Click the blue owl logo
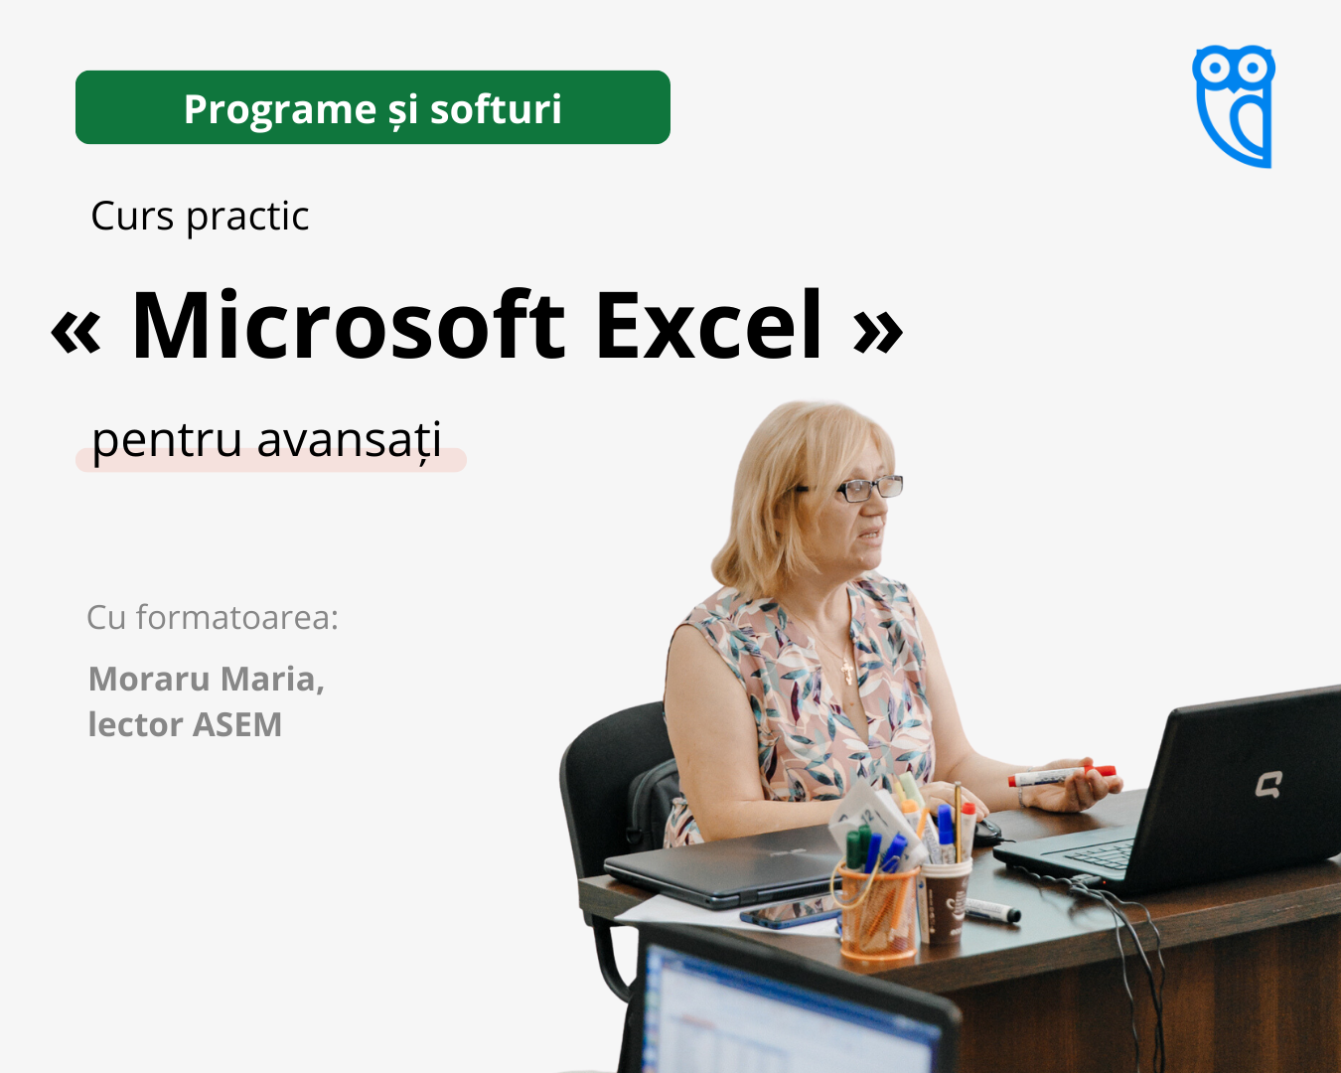(x=1233, y=106)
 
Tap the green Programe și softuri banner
(x=372, y=107)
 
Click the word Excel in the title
(x=709, y=325)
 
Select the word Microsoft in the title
(x=349, y=325)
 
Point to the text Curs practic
(x=200, y=217)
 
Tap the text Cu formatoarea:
(x=212, y=618)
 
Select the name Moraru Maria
(x=207, y=679)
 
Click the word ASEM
(x=237, y=724)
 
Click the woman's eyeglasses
(x=860, y=488)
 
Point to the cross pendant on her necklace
(x=847, y=672)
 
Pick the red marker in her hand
(x=1061, y=776)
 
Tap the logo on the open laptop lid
(x=1268, y=784)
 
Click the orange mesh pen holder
(x=877, y=911)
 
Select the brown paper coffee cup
(x=946, y=901)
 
